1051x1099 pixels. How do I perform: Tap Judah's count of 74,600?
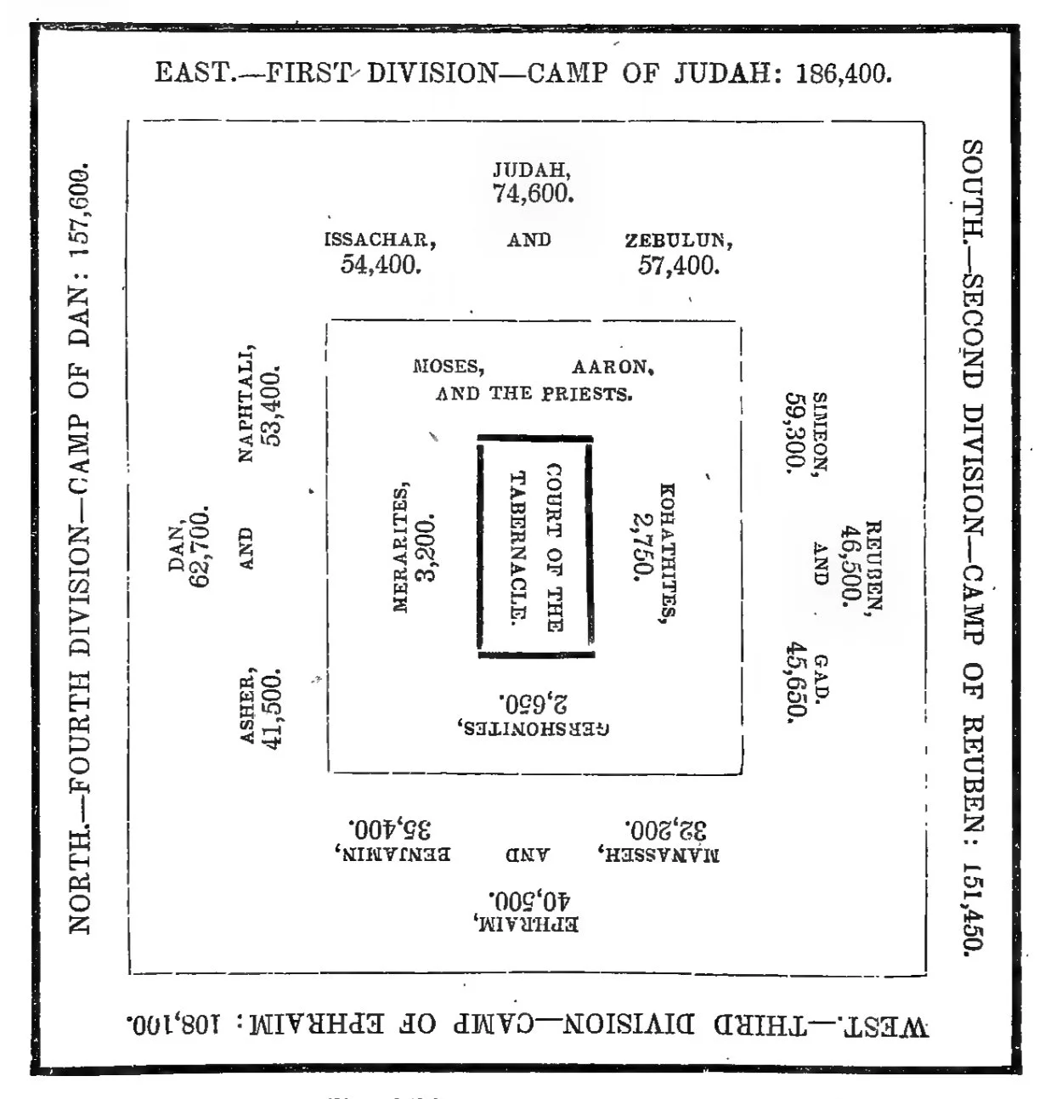(533, 194)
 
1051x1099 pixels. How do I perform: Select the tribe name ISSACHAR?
(380, 240)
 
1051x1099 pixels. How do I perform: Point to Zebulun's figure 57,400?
(678, 265)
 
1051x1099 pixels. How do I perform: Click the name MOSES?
(448, 367)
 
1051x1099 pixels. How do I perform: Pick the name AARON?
(612, 367)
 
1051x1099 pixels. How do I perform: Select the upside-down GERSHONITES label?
(534, 728)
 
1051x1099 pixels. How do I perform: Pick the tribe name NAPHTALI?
(246, 403)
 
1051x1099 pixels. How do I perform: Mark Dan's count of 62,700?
(201, 548)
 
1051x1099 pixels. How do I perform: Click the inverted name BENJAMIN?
(395, 853)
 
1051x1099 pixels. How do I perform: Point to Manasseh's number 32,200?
(666, 829)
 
